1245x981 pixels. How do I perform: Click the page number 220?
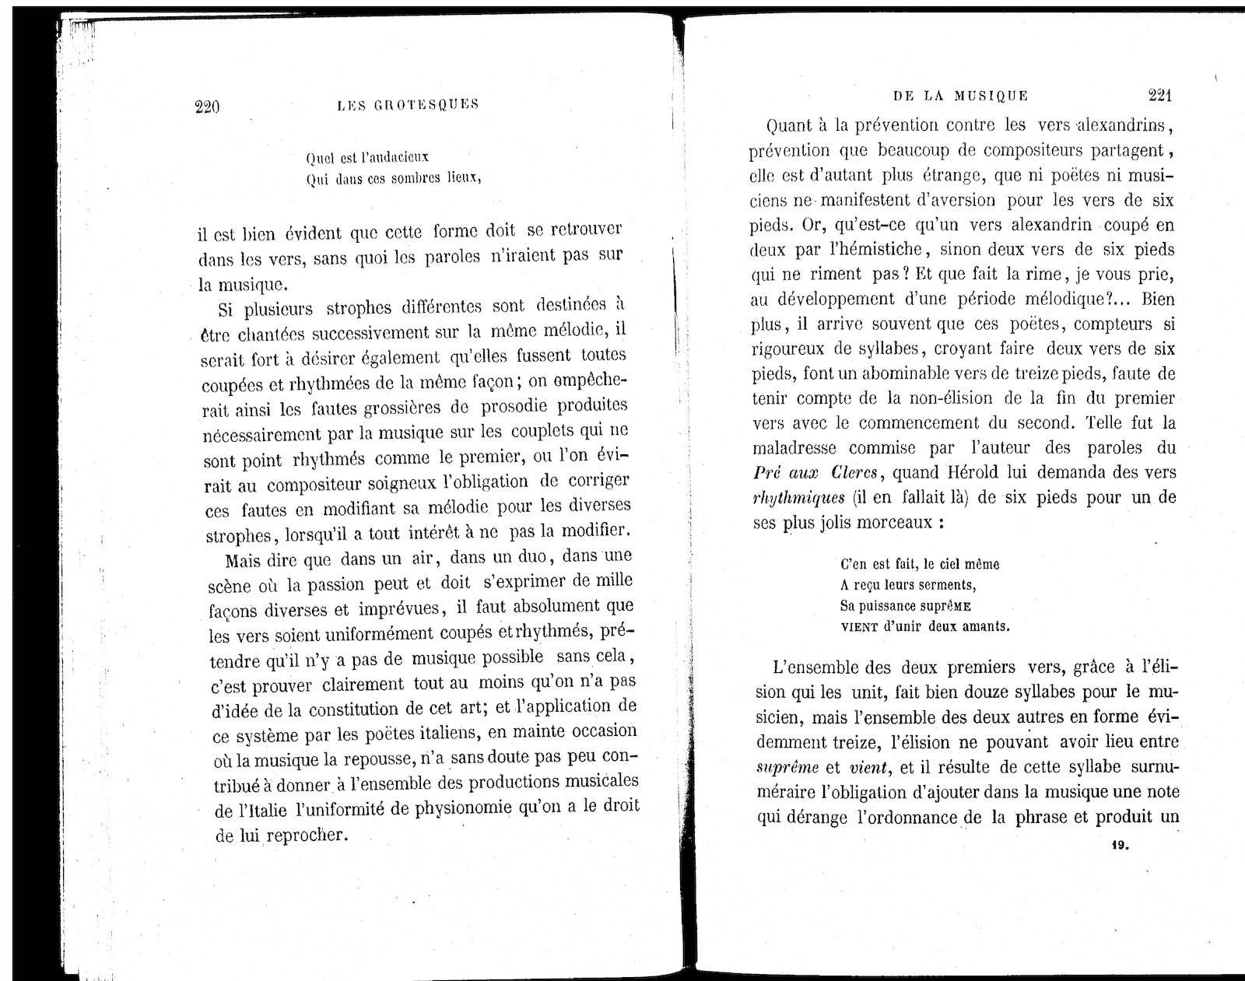[207, 106]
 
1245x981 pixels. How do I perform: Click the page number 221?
[1159, 95]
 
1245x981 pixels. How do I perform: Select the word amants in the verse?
[987, 626]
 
